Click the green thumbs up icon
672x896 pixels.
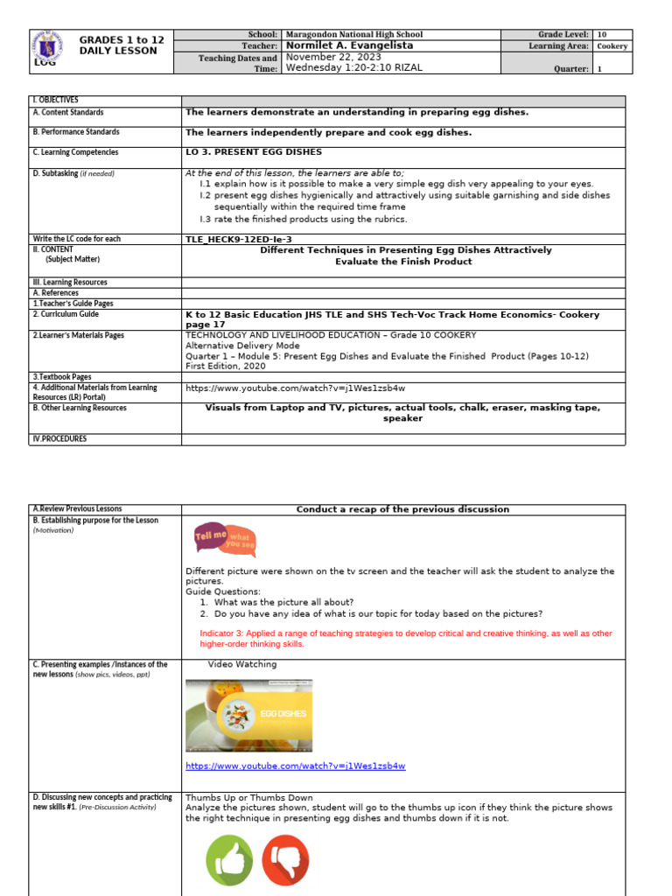229,860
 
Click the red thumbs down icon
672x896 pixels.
284,860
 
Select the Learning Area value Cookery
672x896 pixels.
612,45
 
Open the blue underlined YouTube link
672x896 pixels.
295,766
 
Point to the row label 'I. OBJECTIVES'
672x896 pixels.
55,101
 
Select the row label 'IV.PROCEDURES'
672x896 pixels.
59,438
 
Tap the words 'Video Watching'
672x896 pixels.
241,664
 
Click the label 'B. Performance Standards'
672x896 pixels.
76,132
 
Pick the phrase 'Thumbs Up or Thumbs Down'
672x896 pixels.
248,797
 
